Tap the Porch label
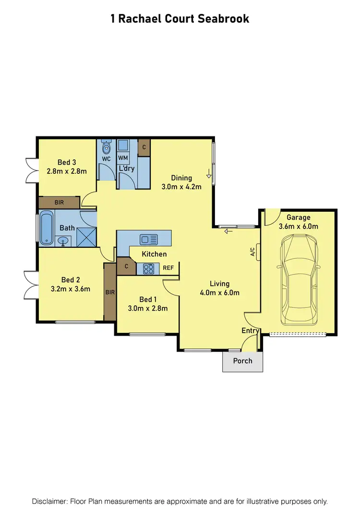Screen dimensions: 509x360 click(242, 361)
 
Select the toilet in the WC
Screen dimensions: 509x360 click(106, 147)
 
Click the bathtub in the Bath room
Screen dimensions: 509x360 click(47, 228)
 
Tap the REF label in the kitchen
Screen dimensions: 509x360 click(168, 268)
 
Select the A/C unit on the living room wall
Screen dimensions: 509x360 click(259, 251)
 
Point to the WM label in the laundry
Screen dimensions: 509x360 click(123, 158)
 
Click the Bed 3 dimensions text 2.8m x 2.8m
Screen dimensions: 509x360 click(67, 171)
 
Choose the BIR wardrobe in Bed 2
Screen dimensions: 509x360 click(110, 291)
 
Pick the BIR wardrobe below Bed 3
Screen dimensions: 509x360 click(59, 203)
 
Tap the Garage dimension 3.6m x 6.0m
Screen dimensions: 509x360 click(299, 226)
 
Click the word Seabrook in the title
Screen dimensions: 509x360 click(226, 19)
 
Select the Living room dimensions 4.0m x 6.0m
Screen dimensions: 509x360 click(219, 292)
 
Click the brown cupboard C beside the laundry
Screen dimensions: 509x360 click(144, 148)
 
